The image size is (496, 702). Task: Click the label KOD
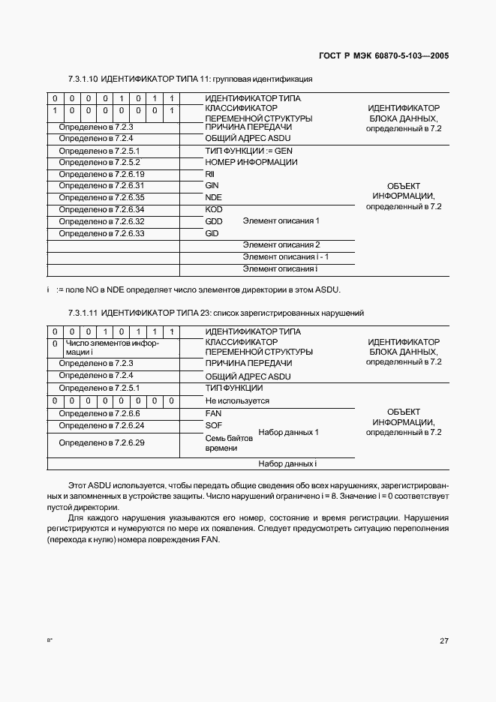[x=214, y=209]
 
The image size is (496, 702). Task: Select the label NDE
[x=214, y=197]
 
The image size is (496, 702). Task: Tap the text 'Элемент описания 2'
[x=281, y=245]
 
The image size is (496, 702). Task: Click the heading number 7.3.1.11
[x=83, y=313]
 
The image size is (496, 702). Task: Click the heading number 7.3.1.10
[x=83, y=78]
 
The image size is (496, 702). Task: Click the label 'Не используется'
[x=237, y=401]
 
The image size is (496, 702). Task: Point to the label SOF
[x=213, y=425]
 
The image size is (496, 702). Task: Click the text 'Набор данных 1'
[x=289, y=433]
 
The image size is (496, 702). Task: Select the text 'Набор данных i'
[x=288, y=463]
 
